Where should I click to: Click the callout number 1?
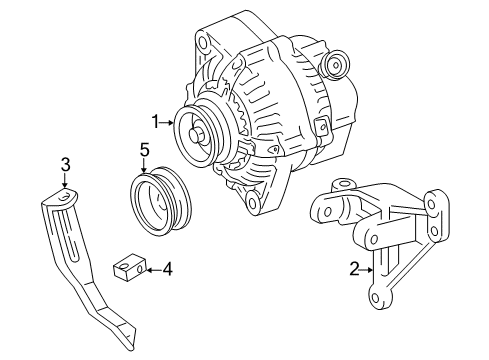pyautogui.click(x=155, y=121)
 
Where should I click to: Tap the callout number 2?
pyautogui.click(x=354, y=268)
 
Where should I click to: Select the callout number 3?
pyautogui.click(x=65, y=164)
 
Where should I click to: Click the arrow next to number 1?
pyautogui.click(x=169, y=121)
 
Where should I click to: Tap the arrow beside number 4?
pyautogui.click(x=154, y=267)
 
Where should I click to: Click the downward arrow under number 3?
pyautogui.click(x=65, y=181)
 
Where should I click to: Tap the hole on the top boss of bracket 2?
pyautogui.click(x=341, y=187)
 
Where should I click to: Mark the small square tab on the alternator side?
pyautogui.click(x=322, y=126)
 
